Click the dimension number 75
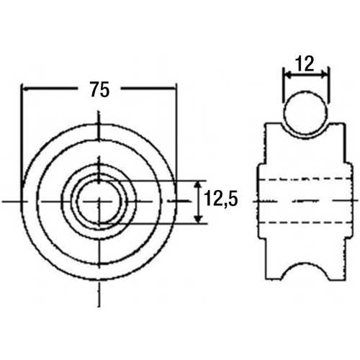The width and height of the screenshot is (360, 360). pos(100,89)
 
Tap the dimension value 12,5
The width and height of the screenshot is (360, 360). pos(220,199)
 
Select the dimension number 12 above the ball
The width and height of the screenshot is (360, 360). pos(305,63)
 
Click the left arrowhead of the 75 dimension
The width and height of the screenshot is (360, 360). pos(25,89)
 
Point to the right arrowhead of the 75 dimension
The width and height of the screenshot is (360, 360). pos(173,89)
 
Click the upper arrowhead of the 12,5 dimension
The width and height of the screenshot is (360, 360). pos(197,185)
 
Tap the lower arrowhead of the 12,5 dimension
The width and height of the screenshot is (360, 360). pos(198,219)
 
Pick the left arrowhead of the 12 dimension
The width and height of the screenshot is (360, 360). pos(287,76)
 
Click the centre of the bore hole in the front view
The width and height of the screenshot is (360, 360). pos(99,201)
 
